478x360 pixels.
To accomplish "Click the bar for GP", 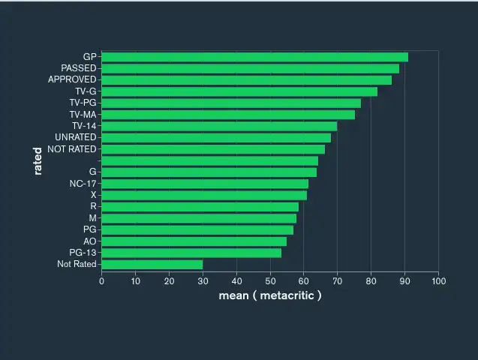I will point(254,57).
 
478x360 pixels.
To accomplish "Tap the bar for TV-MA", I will point(228,115).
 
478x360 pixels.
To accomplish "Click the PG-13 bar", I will point(191,253).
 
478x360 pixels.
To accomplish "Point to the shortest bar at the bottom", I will point(152,264).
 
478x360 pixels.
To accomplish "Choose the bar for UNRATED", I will point(216,137).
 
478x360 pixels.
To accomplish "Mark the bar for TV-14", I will point(219,126).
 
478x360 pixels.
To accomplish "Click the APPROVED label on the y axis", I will point(72,79).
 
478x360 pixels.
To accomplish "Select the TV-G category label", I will point(86,91).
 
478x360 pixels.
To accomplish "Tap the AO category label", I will point(90,241).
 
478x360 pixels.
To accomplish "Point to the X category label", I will point(93,195).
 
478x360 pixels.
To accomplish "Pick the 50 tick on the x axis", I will point(270,281).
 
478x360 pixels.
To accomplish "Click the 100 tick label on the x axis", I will point(439,281).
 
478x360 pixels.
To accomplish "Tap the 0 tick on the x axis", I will point(101,281).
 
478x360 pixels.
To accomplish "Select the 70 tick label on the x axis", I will point(338,281).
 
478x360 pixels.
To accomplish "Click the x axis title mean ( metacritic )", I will point(270,295).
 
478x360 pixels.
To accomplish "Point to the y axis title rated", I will point(38,160).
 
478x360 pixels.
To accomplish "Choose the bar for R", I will point(200,207).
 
